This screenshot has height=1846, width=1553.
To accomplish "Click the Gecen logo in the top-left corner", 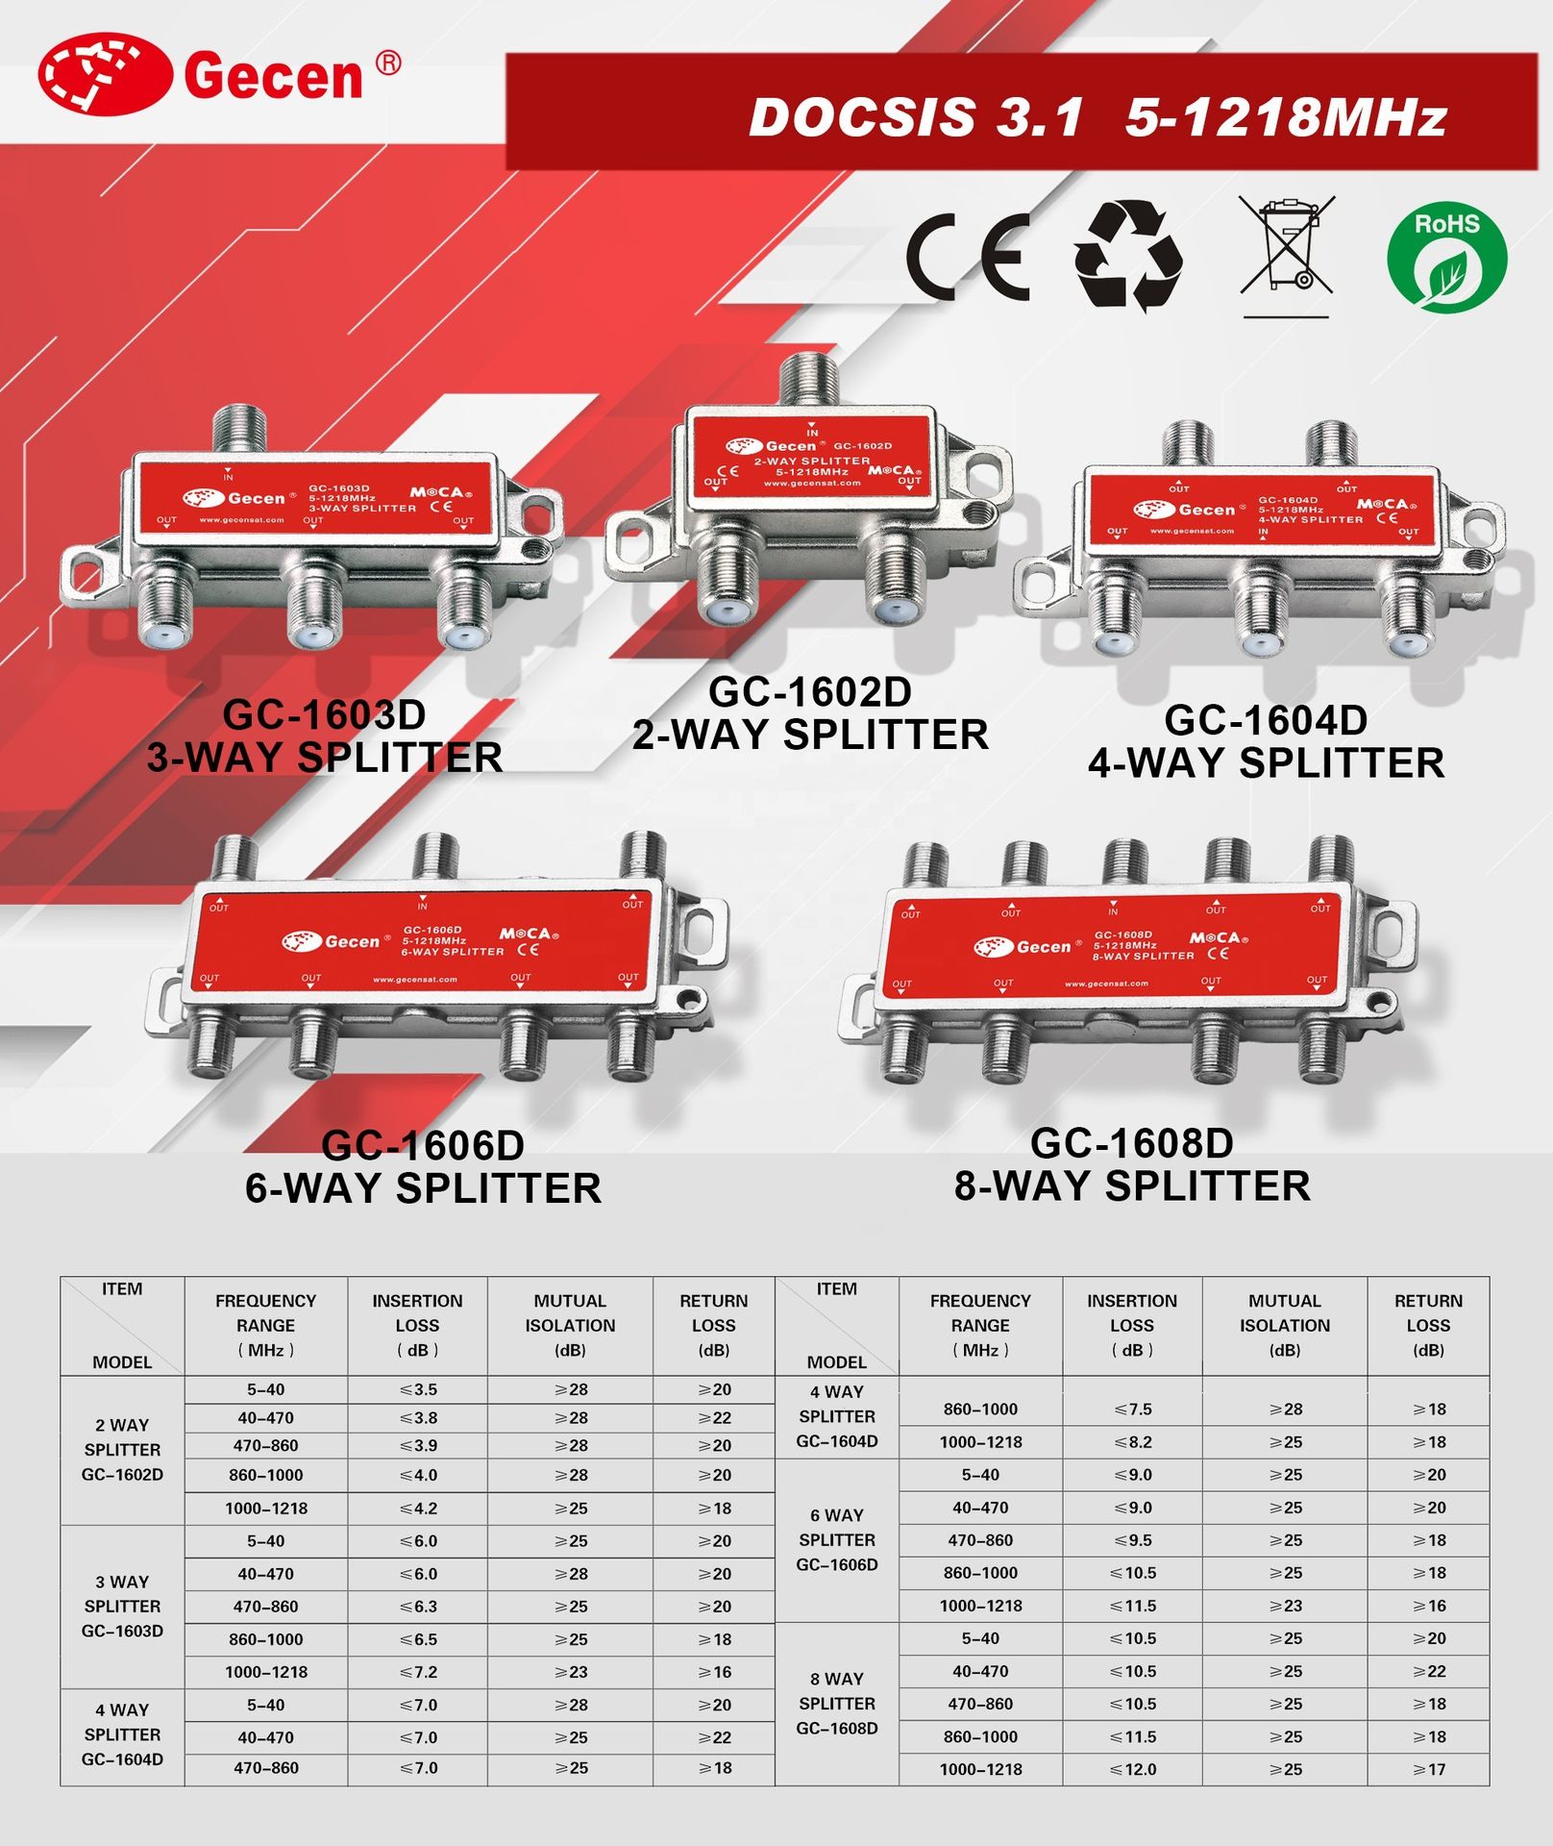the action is [x=219, y=74].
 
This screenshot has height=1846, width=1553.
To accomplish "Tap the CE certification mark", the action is [x=968, y=255].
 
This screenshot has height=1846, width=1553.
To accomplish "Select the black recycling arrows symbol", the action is [x=1128, y=255].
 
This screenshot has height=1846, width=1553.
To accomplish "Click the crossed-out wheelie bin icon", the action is [x=1286, y=256].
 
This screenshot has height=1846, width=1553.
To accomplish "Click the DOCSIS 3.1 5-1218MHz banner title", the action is [x=1097, y=117].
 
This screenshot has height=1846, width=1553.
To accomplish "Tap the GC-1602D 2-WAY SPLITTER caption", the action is [x=810, y=713].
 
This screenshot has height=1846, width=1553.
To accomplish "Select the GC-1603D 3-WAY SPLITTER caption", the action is [x=325, y=736].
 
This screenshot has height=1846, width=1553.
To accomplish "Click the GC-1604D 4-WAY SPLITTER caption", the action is [x=1267, y=741].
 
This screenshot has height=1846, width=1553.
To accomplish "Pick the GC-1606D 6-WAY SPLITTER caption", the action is [x=423, y=1167].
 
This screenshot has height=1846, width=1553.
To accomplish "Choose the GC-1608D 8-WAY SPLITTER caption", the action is [x=1132, y=1164].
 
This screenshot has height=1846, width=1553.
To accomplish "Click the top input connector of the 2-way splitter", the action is [x=810, y=380].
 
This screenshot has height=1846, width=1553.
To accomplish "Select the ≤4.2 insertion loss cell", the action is [x=418, y=1509].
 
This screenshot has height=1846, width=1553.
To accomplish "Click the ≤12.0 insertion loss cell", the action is [x=1132, y=1769].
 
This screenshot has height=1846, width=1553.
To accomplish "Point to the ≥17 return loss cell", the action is [x=1428, y=1769].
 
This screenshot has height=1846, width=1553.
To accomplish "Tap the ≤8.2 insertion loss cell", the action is [x=1132, y=1442].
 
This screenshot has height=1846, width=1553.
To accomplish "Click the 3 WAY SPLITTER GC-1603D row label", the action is [x=122, y=1607].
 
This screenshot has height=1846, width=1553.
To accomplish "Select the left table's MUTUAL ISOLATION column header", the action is [x=570, y=1325].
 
